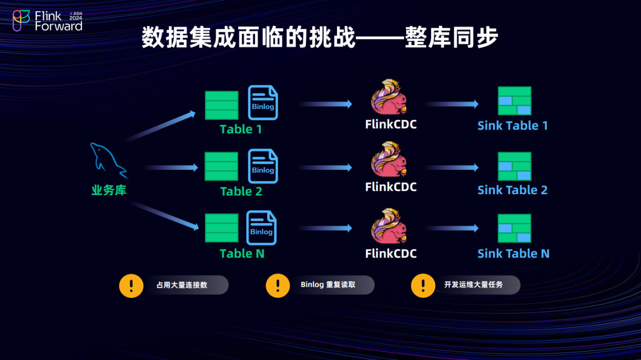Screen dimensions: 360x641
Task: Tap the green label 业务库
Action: (109, 191)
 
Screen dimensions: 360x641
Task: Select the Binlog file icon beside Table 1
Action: (263, 103)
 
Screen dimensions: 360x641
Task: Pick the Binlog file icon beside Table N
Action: (262, 228)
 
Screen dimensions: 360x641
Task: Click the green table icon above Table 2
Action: (221, 166)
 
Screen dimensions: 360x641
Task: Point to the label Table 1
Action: (241, 129)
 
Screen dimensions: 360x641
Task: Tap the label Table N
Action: (242, 253)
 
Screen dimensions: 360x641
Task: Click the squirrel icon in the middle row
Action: (389, 161)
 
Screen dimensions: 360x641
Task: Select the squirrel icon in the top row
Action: (389, 97)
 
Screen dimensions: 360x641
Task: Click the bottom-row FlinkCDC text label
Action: (391, 253)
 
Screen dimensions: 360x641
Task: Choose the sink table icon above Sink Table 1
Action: (514, 101)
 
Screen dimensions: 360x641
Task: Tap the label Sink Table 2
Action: (512, 190)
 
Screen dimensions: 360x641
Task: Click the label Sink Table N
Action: (513, 253)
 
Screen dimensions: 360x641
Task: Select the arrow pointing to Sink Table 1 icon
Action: (452, 104)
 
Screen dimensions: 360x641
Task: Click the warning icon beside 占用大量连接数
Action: (132, 285)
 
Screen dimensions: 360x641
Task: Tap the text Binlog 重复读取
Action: (328, 285)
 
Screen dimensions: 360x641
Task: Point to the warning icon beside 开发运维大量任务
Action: (423, 285)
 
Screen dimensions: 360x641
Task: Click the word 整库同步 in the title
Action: (451, 38)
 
